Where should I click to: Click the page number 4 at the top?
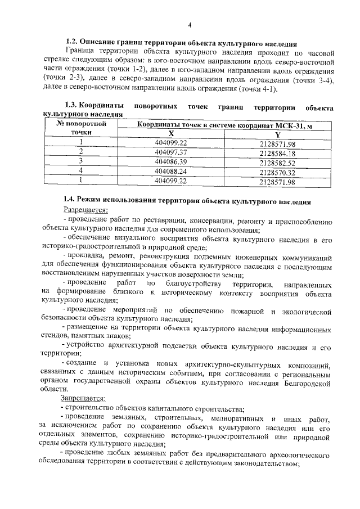190,25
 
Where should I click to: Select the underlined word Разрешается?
85,210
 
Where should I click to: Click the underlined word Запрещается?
87,399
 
